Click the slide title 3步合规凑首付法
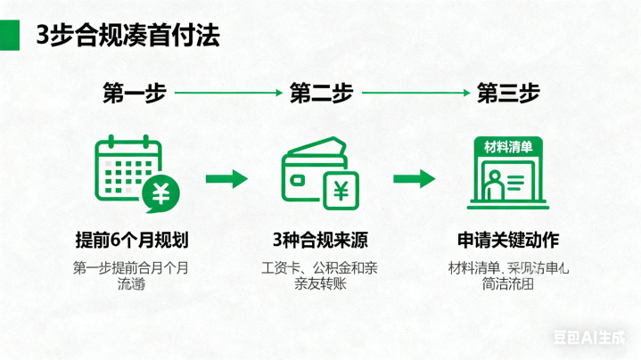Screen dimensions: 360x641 (x=127, y=36)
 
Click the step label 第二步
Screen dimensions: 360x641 (x=321, y=93)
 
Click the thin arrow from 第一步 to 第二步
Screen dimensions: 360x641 (x=227, y=92)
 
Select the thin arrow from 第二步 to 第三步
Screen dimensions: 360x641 (x=415, y=92)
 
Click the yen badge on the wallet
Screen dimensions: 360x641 (x=341, y=190)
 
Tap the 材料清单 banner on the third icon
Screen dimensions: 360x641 (x=507, y=147)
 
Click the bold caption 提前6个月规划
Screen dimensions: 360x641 (x=131, y=241)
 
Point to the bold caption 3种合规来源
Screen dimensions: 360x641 (x=321, y=241)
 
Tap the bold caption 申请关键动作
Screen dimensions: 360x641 (x=507, y=241)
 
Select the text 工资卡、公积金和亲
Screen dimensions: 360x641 (x=320, y=267)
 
